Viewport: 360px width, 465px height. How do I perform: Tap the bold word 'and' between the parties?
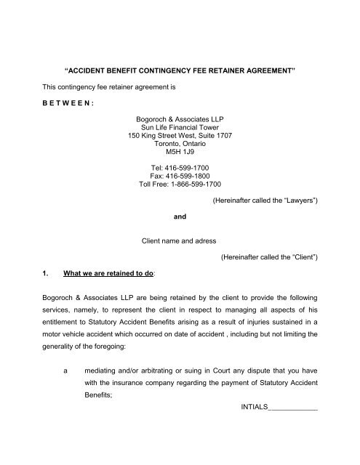(x=179, y=257)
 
